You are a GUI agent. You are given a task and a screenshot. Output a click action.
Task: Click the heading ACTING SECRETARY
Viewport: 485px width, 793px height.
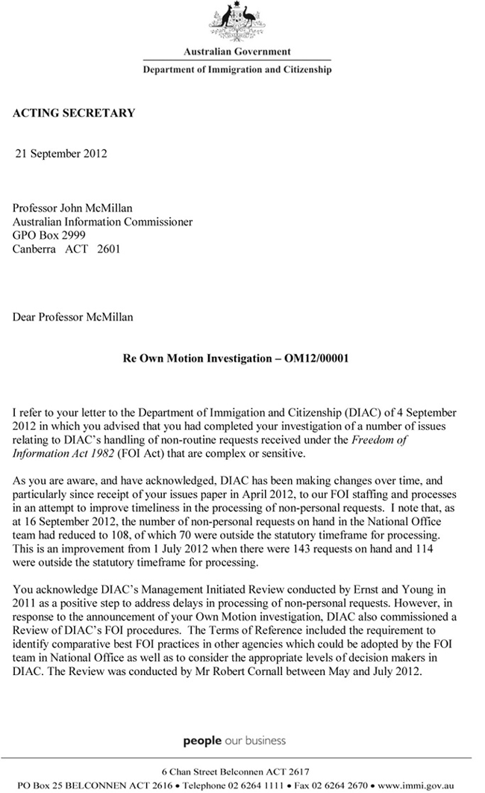click(x=74, y=113)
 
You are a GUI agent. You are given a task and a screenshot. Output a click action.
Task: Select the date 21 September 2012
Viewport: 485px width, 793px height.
click(x=62, y=154)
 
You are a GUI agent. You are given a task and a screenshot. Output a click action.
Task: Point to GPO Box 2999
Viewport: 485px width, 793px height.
click(x=48, y=235)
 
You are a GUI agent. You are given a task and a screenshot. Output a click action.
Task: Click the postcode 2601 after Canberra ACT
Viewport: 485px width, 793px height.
click(x=107, y=249)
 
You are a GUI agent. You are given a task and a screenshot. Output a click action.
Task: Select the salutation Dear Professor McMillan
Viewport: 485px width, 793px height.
click(x=73, y=317)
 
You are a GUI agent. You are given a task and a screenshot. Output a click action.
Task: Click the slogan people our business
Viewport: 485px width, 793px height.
click(x=234, y=741)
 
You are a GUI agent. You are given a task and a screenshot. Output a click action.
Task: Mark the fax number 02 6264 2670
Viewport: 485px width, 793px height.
click(x=339, y=786)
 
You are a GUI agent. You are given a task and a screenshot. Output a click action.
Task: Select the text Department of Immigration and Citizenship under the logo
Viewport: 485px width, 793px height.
click(x=237, y=69)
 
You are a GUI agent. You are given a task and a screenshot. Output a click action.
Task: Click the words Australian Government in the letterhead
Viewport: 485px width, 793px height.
click(x=237, y=52)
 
